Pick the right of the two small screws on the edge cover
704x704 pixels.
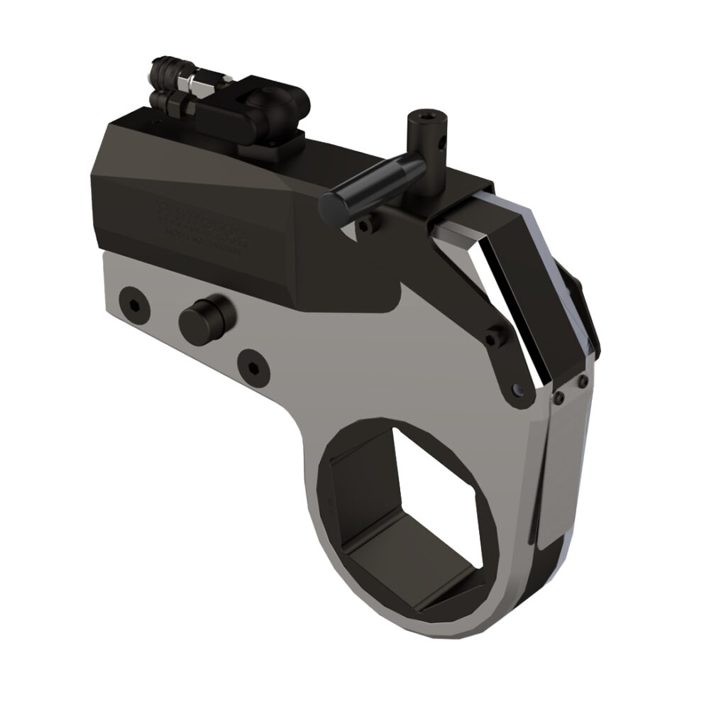(583, 383)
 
